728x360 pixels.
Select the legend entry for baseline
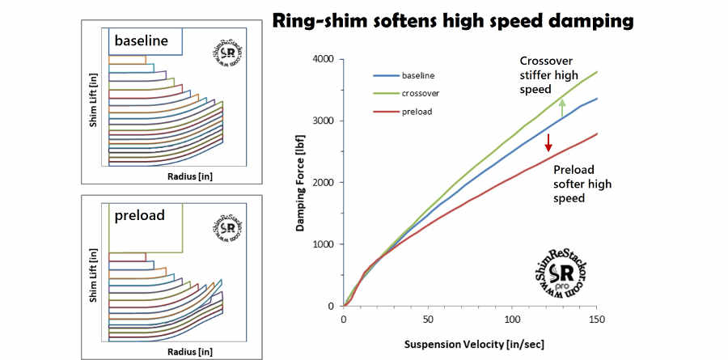(x=416, y=75)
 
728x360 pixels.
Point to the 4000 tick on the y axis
(x=323, y=59)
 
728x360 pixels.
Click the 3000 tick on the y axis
(x=323, y=121)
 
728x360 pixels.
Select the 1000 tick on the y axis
(x=323, y=244)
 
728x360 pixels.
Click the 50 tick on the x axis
(x=427, y=319)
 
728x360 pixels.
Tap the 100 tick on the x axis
(x=510, y=319)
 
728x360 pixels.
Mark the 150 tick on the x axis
(x=595, y=319)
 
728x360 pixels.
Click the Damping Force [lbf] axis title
(x=300, y=184)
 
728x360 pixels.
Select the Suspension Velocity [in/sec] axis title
(x=470, y=344)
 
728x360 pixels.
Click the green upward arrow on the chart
(x=561, y=108)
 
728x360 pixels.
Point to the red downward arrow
(x=548, y=143)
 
